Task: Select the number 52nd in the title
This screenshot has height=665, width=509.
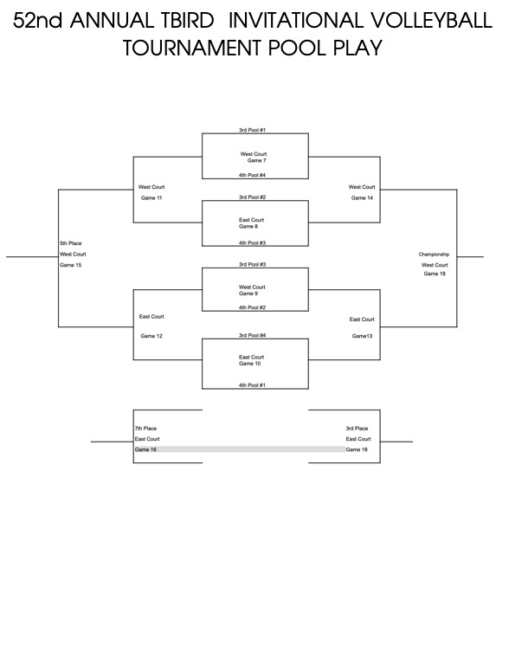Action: (x=38, y=21)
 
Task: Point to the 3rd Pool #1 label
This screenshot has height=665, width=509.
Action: (x=252, y=130)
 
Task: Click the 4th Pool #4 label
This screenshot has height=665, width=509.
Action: (x=252, y=175)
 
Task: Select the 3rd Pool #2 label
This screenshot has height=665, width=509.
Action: (x=252, y=197)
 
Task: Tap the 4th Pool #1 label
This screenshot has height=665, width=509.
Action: (x=252, y=385)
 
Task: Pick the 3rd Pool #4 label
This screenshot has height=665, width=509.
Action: (x=252, y=335)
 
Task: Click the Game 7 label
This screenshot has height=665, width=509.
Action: (x=256, y=161)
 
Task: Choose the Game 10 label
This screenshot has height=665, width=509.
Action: (x=250, y=364)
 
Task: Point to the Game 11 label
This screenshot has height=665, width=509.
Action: (x=151, y=198)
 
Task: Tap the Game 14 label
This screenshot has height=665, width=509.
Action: (x=362, y=198)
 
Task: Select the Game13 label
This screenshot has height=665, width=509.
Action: (x=362, y=336)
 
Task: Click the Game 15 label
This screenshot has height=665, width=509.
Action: (x=70, y=265)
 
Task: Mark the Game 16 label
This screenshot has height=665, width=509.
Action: (x=145, y=449)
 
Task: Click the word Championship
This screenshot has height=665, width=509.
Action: (x=434, y=255)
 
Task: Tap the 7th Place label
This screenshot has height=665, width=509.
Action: (x=145, y=429)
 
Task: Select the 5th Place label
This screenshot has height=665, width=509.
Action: (x=70, y=243)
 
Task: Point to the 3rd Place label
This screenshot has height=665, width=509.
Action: (x=357, y=429)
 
